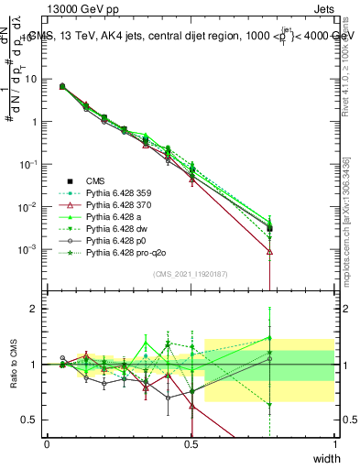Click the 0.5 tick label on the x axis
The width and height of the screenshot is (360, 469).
pos(191,443)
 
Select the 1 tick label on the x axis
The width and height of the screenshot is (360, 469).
pos(335,443)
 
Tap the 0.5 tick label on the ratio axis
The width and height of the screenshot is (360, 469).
pos(30,420)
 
